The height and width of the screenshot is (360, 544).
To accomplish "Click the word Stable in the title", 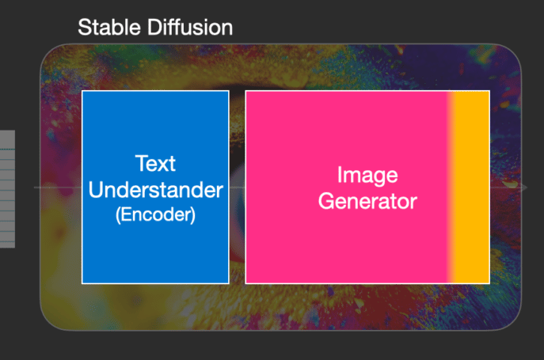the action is [x=109, y=27].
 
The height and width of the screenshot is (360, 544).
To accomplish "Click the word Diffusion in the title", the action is [x=190, y=27].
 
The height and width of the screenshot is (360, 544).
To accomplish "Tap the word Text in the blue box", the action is [x=155, y=163].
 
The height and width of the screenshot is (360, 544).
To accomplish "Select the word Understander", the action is [x=156, y=190].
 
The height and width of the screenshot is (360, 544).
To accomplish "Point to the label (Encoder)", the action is [x=155, y=214].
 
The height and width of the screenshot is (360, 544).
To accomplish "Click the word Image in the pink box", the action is [x=367, y=176].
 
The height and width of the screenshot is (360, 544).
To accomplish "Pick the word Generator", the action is [x=367, y=201].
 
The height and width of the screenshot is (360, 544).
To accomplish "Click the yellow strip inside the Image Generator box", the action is [x=471, y=188].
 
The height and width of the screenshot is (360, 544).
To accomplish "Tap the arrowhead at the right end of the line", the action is [x=523, y=188].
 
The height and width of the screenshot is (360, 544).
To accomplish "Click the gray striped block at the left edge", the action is [x=7, y=189].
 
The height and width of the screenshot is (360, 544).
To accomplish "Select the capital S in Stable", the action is [x=86, y=27].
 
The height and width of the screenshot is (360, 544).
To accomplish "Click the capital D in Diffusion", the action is [x=155, y=27].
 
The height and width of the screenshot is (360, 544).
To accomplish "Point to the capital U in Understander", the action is [x=96, y=190].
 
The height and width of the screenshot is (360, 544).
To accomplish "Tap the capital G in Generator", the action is [x=326, y=201].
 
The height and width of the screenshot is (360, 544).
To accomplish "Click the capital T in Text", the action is [x=142, y=163].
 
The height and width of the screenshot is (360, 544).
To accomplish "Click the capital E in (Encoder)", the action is [x=127, y=214].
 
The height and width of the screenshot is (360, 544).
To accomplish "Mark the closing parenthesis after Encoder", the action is [x=193, y=215].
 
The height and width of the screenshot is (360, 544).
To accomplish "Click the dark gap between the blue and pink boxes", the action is [x=238, y=188].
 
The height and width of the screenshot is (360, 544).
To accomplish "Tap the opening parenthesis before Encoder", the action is [x=118, y=215].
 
